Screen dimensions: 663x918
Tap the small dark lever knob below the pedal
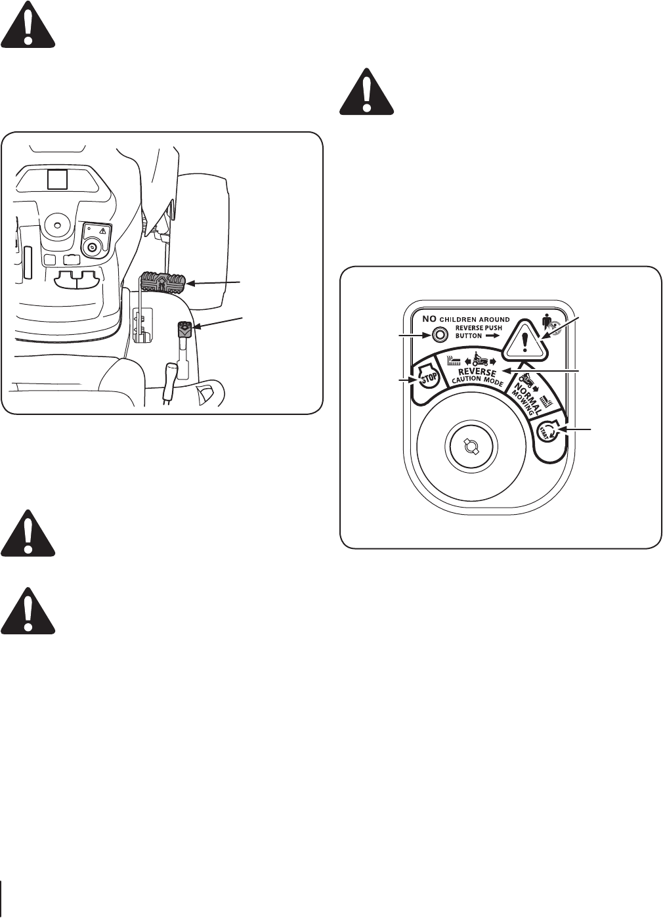click(x=183, y=329)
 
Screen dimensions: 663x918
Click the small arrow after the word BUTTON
click(x=492, y=334)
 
